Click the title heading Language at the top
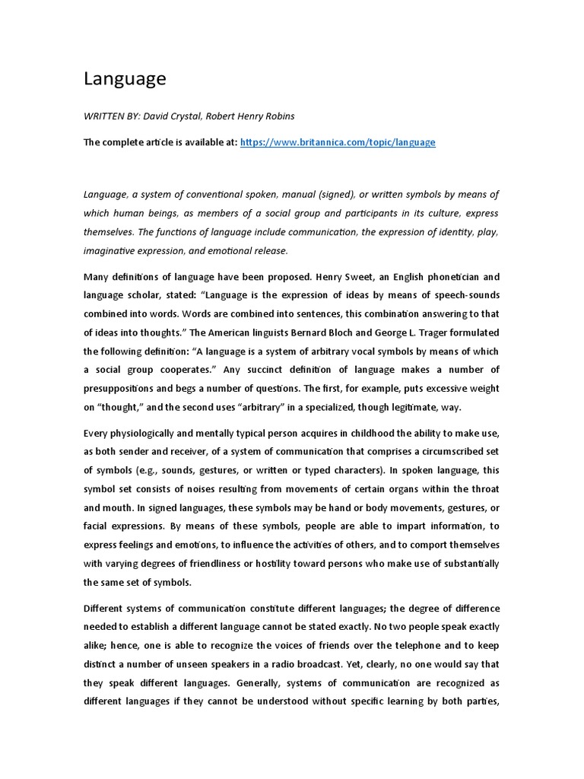(x=125, y=78)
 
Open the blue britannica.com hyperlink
(x=338, y=142)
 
